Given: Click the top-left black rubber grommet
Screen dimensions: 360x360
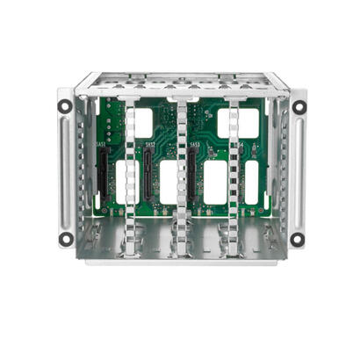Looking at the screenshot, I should point(64,106).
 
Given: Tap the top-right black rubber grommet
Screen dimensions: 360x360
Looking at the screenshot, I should point(299,107).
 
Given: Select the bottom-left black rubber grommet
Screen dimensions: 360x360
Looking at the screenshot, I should point(65,238).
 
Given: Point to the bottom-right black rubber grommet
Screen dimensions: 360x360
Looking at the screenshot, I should point(299,239).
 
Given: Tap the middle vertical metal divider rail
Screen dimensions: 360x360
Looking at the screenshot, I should point(182,176).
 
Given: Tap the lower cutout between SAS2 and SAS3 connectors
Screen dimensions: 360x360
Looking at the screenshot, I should point(213,182).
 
